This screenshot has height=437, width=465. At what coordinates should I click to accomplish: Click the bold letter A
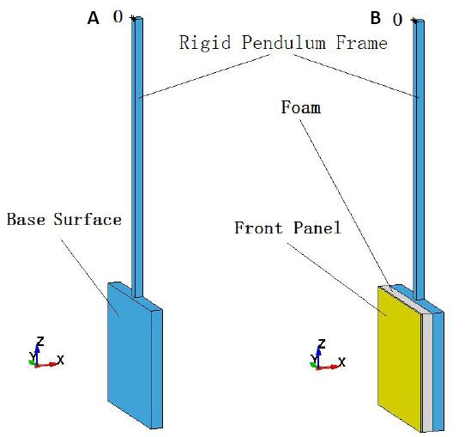94,18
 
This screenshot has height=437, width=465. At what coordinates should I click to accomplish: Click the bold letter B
376,18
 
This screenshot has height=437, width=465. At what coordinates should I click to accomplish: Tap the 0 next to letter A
118,16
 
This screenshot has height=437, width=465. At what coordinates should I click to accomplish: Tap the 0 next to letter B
398,20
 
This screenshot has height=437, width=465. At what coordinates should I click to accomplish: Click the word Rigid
205,43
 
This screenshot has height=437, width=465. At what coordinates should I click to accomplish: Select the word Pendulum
283,42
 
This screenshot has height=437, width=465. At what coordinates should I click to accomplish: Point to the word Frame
361,43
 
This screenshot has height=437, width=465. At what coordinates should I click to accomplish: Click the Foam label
301,107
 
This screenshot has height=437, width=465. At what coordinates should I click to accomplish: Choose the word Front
258,228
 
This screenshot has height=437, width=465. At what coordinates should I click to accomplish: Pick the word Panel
317,228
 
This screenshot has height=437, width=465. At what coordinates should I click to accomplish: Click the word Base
26,220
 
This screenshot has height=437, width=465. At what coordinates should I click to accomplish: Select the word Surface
88,220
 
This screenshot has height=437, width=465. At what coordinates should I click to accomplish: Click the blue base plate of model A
130,355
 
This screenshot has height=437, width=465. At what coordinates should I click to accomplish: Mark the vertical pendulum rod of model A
137,157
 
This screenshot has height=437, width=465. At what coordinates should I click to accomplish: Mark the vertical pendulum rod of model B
419,161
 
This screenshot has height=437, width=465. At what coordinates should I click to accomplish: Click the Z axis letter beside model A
39,342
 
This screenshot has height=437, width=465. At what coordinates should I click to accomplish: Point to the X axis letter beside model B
341,362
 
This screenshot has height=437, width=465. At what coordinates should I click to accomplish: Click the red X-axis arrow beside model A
46,365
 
